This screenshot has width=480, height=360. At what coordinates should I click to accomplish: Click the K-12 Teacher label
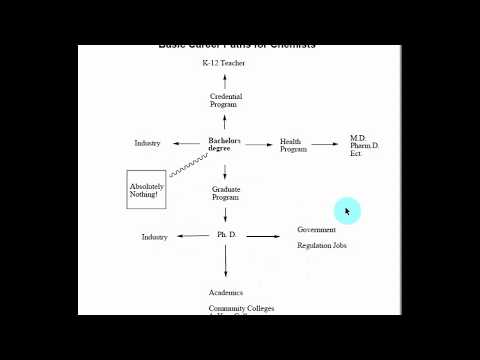(223, 63)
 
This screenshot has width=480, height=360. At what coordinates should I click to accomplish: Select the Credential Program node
(226, 100)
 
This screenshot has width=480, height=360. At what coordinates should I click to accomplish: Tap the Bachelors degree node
(225, 143)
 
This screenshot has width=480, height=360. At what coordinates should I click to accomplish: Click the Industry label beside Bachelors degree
(148, 143)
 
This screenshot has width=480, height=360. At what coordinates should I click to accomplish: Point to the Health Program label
(292, 145)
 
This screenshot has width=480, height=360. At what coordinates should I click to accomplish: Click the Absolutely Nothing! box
(146, 189)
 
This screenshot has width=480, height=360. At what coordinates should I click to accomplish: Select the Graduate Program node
(225, 193)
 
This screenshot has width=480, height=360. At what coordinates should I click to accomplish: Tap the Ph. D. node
(226, 235)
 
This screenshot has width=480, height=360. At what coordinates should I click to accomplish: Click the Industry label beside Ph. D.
(154, 237)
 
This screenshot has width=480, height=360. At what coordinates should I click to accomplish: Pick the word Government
(316, 230)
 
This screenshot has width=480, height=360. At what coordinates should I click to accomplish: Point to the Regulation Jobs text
(322, 246)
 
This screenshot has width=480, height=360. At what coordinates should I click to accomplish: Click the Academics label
(226, 293)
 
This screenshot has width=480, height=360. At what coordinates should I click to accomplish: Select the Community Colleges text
(241, 309)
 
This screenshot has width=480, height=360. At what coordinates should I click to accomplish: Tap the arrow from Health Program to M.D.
(325, 144)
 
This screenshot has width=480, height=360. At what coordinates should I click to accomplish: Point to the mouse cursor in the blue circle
(347, 211)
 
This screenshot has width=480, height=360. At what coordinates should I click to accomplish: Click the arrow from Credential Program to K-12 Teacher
(225, 80)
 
